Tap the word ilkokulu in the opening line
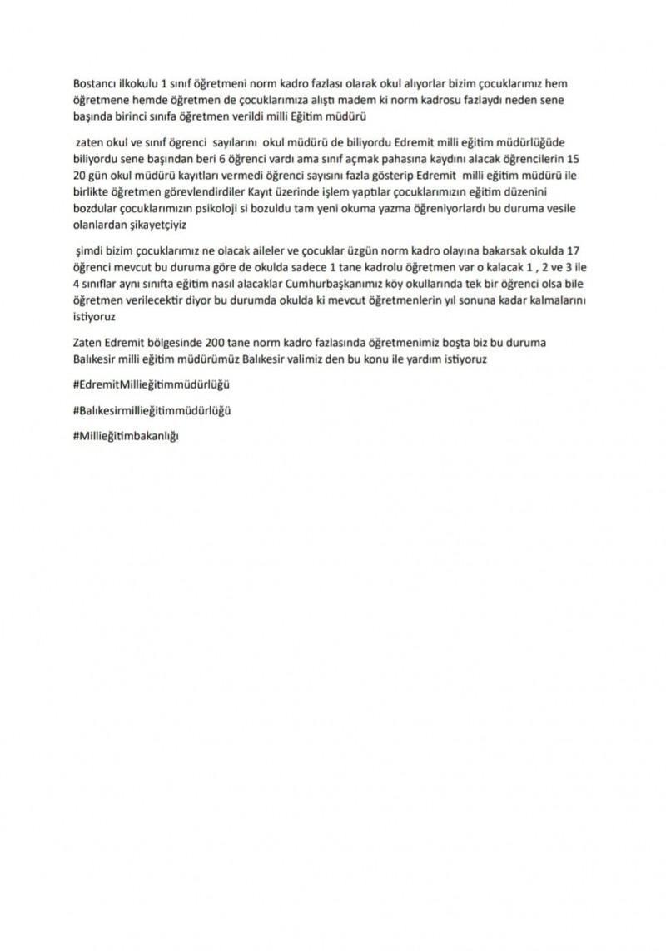(x=138, y=84)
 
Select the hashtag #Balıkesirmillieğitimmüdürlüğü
(x=152, y=411)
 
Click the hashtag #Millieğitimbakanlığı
(x=127, y=436)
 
